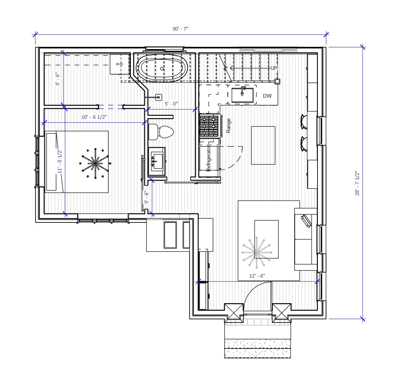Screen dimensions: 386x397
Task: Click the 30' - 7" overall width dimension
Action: coord(180,29)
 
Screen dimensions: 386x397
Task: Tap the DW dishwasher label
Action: coord(267,96)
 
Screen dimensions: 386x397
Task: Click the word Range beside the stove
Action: coord(229,125)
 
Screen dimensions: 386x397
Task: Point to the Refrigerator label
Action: coord(209,159)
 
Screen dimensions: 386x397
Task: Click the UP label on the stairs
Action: coord(274,68)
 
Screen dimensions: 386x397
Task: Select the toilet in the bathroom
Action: coord(161,131)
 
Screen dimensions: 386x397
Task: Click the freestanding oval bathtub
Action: coord(162,69)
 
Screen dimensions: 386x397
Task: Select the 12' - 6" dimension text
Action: coord(257,276)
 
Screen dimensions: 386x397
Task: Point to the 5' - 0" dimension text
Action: coord(171,104)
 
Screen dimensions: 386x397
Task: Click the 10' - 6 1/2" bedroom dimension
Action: coord(94,117)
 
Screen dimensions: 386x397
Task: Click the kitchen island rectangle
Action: coord(263,145)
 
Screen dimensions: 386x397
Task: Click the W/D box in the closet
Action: coord(119,64)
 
